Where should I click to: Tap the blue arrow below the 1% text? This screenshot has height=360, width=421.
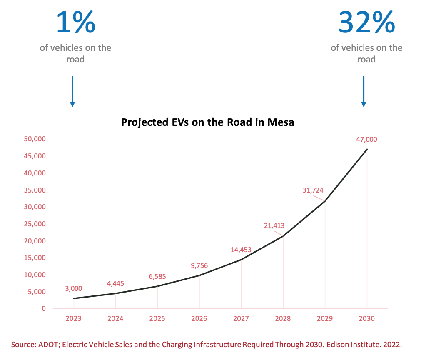pos(72,91)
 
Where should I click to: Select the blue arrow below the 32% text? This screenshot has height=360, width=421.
pos(364,91)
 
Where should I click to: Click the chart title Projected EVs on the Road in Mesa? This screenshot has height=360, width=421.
pos(207,122)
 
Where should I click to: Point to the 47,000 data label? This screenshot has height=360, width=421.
pos(366,140)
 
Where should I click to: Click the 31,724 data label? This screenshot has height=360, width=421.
pos(312,190)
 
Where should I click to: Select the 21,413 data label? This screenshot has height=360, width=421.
pos(274,226)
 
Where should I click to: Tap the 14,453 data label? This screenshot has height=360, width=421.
pos(241,250)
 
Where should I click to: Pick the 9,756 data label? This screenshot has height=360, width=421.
pos(199,266)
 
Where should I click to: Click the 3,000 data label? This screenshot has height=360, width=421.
pos(73,288)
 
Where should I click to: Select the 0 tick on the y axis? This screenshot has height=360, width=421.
pos(43,309)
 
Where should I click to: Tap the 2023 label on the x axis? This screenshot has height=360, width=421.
pos(73,319)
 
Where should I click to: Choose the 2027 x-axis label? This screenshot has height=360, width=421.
pos(241,319)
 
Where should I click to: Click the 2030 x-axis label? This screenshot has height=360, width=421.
pos(366,319)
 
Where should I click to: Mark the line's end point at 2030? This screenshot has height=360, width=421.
pos(367,149)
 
